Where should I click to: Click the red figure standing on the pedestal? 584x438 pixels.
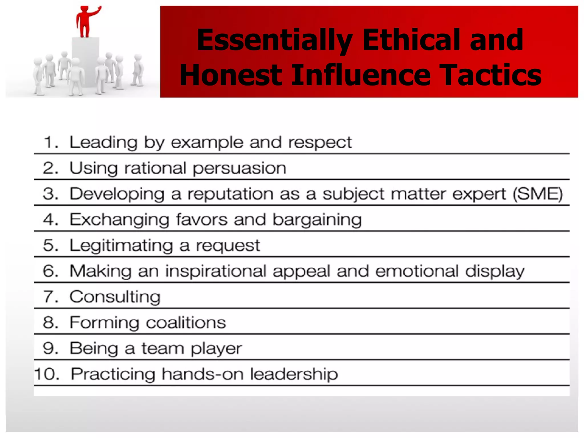click(x=84, y=23)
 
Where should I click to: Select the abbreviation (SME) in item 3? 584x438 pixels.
click(x=538, y=194)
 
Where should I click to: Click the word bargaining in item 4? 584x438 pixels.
click(x=317, y=220)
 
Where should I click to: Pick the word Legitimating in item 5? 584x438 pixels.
click(x=121, y=246)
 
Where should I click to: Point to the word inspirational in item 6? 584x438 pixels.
click(x=216, y=271)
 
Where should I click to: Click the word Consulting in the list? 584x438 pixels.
click(x=115, y=297)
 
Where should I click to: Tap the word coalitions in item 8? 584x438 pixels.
click(x=186, y=323)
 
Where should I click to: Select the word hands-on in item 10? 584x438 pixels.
click(x=202, y=374)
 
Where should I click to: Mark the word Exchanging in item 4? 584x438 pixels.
click(x=119, y=220)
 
